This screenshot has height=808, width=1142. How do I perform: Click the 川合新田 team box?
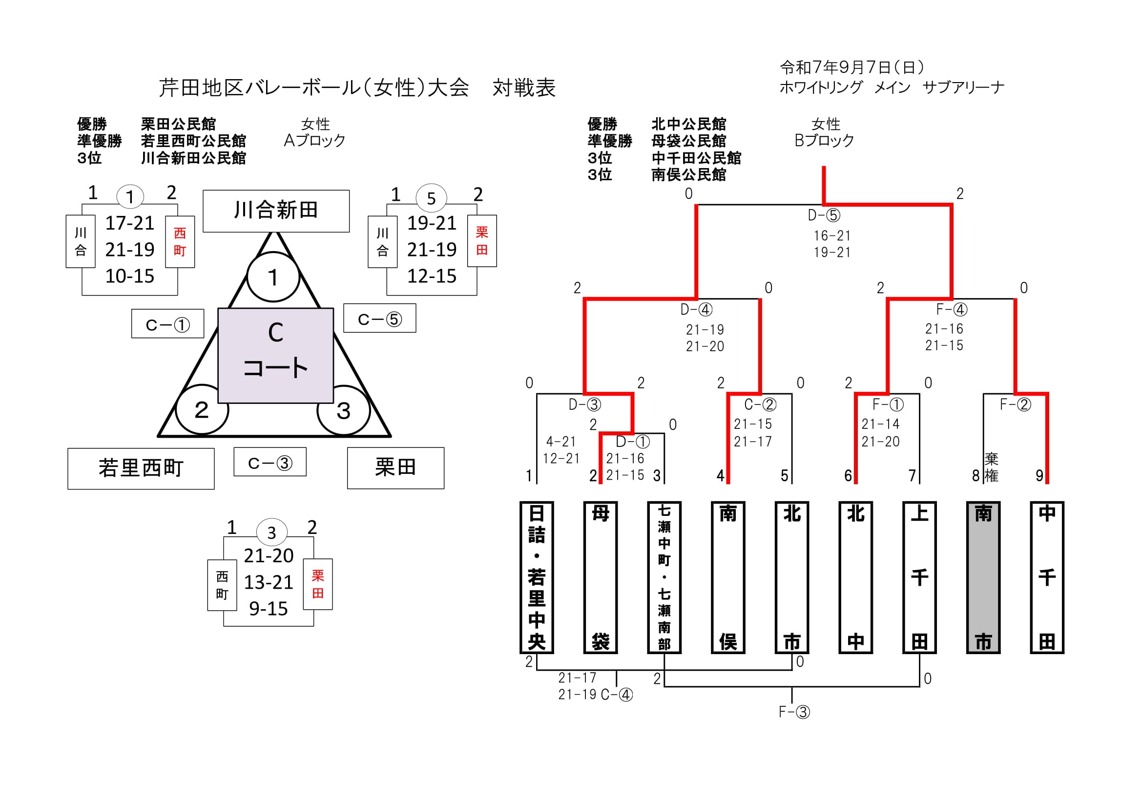point(275,211)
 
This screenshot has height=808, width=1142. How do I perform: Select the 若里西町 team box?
point(141,468)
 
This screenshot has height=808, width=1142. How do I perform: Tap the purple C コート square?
point(275,355)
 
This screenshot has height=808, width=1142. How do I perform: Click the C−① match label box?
point(167,324)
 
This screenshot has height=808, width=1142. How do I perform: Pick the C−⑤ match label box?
point(379,319)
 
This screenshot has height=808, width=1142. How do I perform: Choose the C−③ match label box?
point(270,462)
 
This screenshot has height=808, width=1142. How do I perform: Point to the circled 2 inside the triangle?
point(202,410)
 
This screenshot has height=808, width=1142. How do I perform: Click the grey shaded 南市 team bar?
point(983,577)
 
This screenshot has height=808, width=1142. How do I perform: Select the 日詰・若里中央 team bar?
point(536,577)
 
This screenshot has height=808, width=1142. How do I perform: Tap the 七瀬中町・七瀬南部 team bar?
point(664,577)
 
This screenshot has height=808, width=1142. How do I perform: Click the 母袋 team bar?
point(601,577)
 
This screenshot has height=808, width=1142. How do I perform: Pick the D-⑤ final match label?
point(824,215)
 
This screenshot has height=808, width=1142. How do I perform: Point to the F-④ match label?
point(952,309)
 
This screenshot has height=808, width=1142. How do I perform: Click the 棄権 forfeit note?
point(991,467)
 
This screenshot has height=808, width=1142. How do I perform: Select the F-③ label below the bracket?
point(794,712)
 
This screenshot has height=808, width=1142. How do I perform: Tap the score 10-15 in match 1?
point(130,276)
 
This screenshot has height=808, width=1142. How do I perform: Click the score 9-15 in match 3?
point(268,609)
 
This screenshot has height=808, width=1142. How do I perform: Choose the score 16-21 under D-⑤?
point(832,235)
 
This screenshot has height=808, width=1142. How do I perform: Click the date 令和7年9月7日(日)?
point(851,67)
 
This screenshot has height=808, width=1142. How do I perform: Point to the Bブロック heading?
point(824,141)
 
